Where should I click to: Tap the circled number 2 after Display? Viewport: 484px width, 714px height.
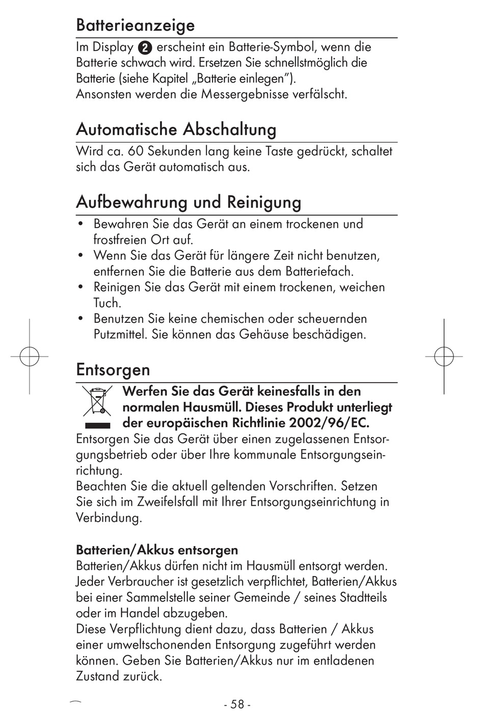145,48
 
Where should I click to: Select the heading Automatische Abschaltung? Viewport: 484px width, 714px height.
176,129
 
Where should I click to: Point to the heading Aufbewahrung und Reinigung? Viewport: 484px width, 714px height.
189,202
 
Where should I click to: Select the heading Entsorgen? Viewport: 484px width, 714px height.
113,369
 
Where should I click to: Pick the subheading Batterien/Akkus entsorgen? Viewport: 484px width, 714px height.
157,550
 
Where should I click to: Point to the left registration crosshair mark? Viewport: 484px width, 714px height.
30,356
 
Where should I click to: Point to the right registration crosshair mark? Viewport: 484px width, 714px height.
444,356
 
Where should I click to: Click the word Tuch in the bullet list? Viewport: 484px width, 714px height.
107,303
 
